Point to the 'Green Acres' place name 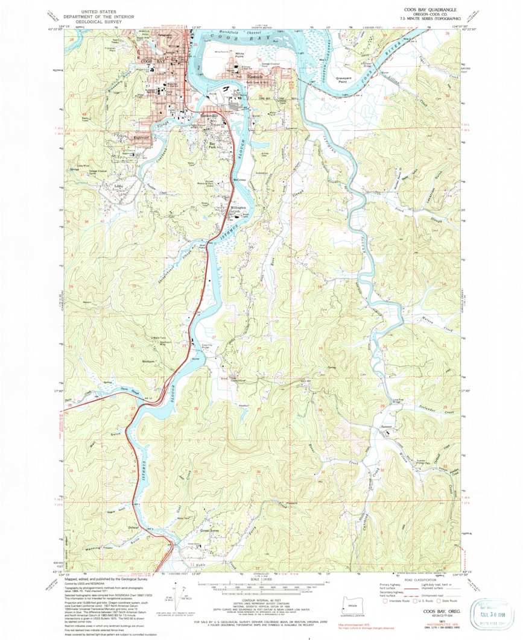[209, 531]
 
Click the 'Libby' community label [119, 186]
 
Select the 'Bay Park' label [212, 145]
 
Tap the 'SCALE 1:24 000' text [262, 580]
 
